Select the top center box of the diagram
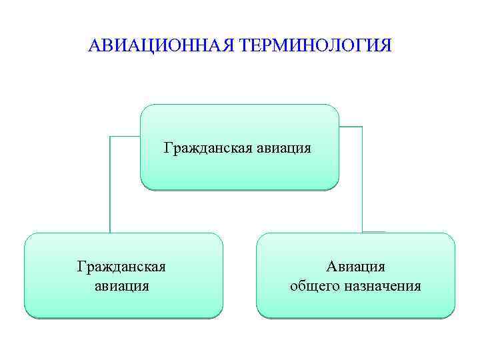239,167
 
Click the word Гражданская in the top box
206,147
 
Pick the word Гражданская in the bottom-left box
121,267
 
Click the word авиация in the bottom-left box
121,286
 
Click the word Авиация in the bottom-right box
355,267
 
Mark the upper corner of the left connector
110,137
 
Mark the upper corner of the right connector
362,127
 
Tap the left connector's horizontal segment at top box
125,137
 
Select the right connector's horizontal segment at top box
351,127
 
